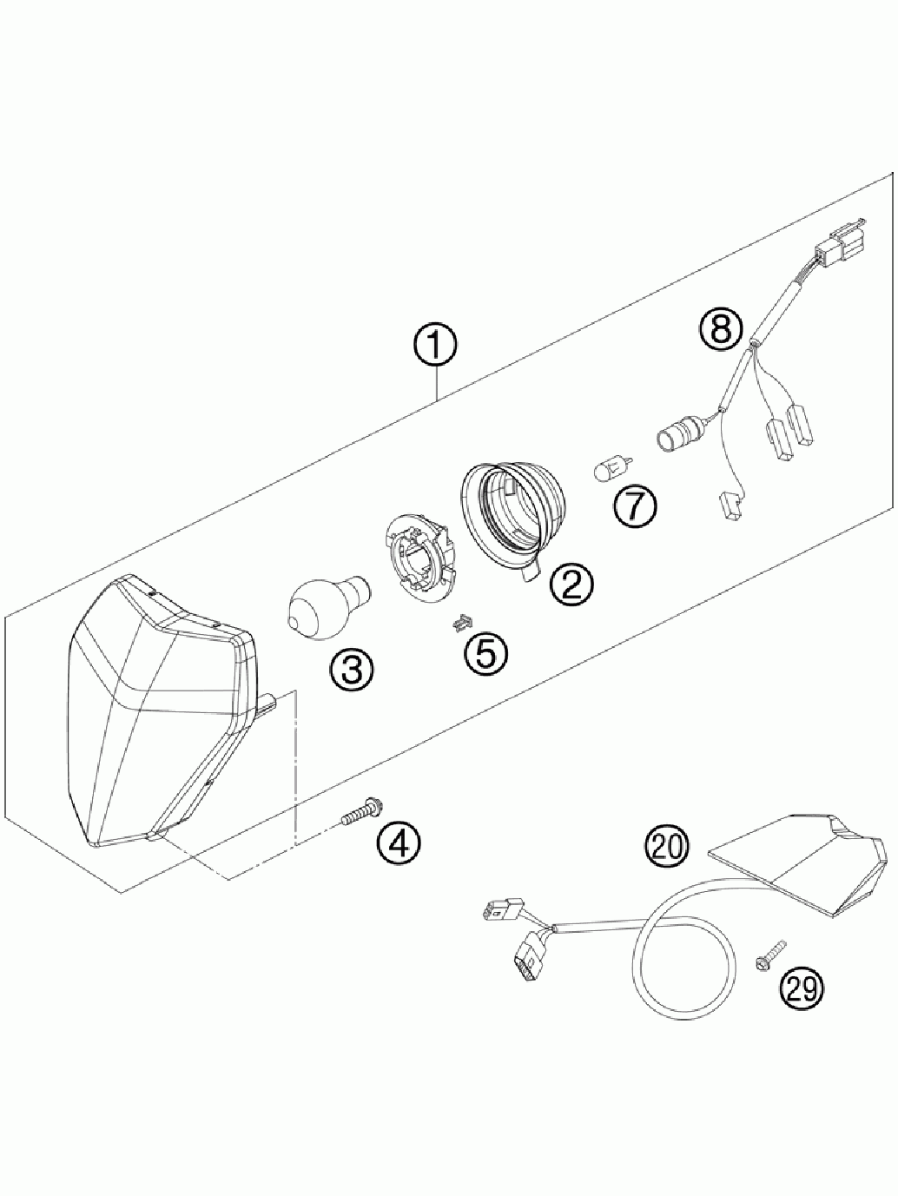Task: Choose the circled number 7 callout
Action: click(x=634, y=508)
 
